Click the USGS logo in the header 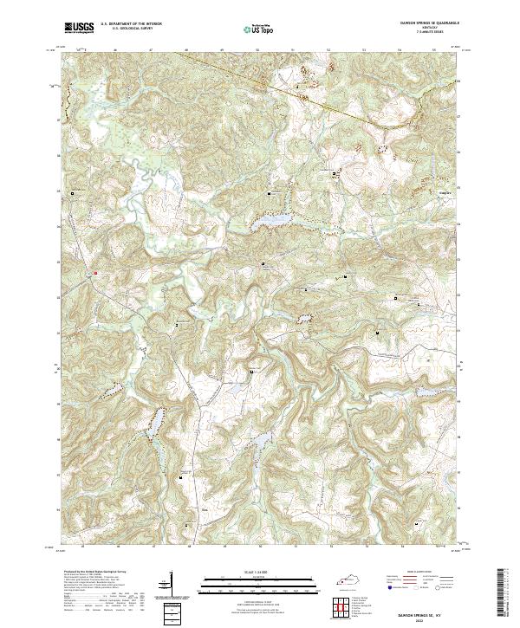pos(77,28)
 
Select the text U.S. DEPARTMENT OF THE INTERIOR pos(130,24)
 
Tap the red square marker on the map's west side pos(95,272)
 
